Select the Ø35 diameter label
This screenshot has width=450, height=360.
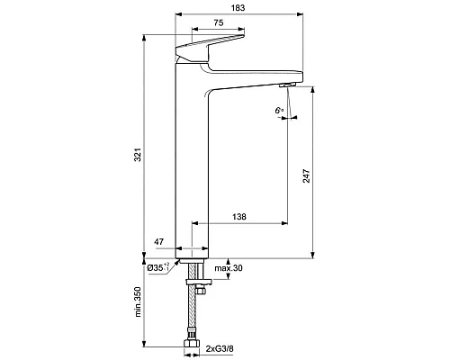[160, 267]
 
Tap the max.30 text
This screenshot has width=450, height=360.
[229, 267]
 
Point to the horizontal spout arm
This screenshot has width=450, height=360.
[256, 77]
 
